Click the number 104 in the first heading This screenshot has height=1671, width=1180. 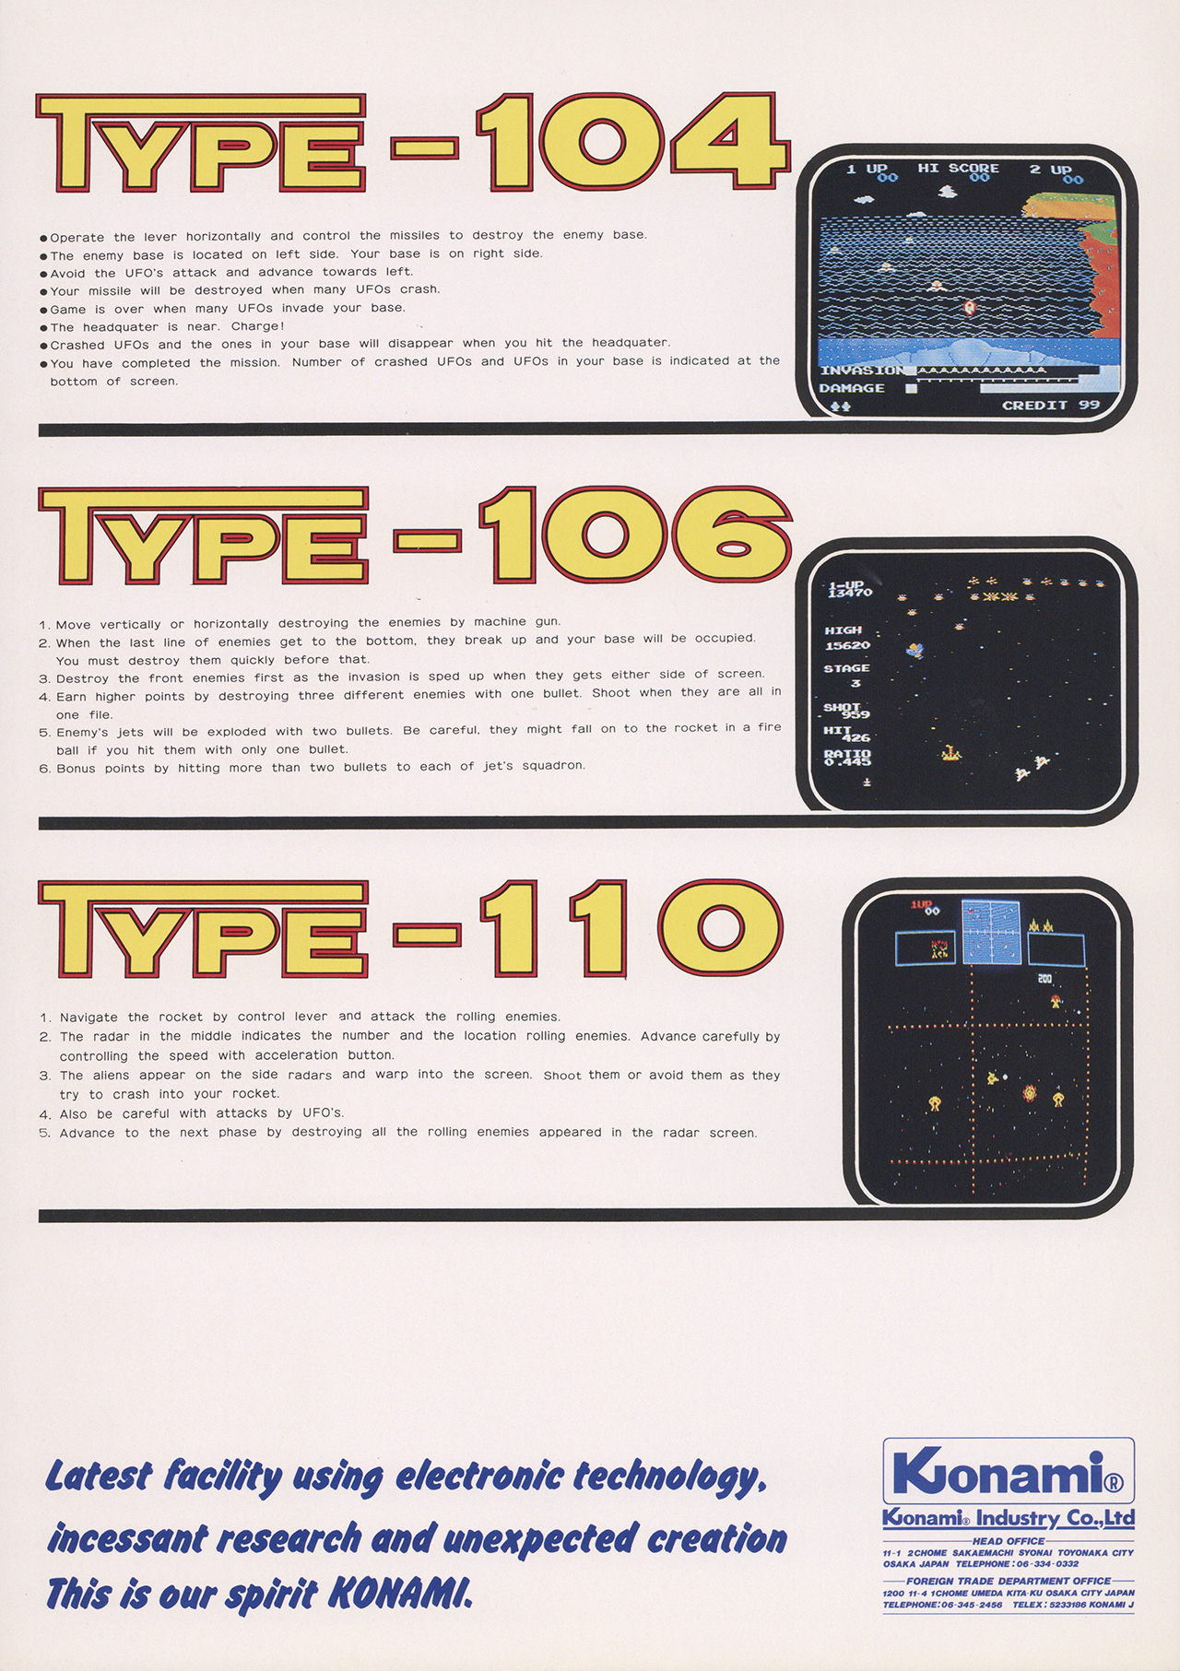pyautogui.click(x=633, y=144)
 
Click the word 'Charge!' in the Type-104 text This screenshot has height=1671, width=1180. pyautogui.click(x=258, y=326)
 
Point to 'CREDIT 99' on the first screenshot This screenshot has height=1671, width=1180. pyautogui.click(x=1051, y=405)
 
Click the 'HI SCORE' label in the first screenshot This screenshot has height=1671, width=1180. pyautogui.click(x=959, y=168)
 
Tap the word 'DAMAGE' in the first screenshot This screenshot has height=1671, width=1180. pyautogui.click(x=852, y=388)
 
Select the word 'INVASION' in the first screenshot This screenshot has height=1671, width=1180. pyautogui.click(x=863, y=371)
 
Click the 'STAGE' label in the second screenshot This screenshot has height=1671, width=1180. pyautogui.click(x=847, y=668)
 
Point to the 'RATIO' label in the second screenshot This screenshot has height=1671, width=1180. pyautogui.click(x=847, y=753)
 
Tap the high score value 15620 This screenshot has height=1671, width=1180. pyautogui.click(x=847, y=645)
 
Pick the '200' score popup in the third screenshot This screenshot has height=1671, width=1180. pyautogui.click(x=1044, y=978)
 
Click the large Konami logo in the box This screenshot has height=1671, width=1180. pyautogui.click(x=1008, y=1471)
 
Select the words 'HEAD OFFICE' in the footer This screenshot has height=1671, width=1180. pyautogui.click(x=1009, y=1540)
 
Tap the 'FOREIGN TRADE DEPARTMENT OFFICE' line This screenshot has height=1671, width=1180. pyautogui.click(x=1009, y=1581)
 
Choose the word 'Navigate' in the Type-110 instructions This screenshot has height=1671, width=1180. pyautogui.click(x=88, y=1018)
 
